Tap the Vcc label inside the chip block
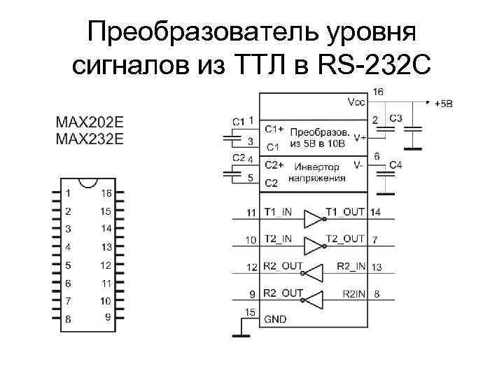click(355, 101)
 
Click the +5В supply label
click(444, 104)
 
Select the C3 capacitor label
click(395, 119)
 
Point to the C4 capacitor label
click(395, 165)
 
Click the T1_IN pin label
click(279, 211)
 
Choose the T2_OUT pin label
click(345, 239)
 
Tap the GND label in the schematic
click(274, 318)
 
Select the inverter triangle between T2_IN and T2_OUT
click(311, 244)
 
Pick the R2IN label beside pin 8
click(354, 294)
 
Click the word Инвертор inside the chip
click(316, 167)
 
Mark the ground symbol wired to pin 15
click(240, 337)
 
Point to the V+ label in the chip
click(360, 139)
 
